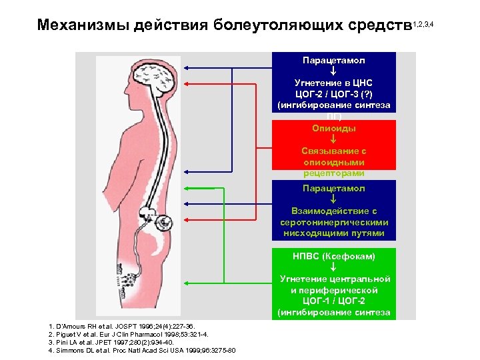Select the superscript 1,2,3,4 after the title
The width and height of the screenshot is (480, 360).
click(423, 24)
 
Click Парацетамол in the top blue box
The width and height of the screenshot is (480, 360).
click(333, 60)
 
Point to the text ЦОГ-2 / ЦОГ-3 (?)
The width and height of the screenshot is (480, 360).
click(333, 94)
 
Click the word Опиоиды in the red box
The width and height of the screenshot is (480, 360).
click(333, 128)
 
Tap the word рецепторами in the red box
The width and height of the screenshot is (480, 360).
click(333, 173)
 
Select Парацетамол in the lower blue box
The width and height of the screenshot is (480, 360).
click(333, 189)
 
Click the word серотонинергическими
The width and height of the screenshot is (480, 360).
click(333, 222)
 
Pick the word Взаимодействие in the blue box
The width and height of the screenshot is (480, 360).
click(333, 211)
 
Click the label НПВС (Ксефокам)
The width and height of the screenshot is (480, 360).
click(333, 256)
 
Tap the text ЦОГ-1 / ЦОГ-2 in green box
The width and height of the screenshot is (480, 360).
click(333, 301)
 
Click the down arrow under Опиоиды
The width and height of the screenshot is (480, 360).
click(333, 139)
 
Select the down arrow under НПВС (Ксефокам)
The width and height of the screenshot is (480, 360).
click(333, 267)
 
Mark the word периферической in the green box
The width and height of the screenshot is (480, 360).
click(333, 291)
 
